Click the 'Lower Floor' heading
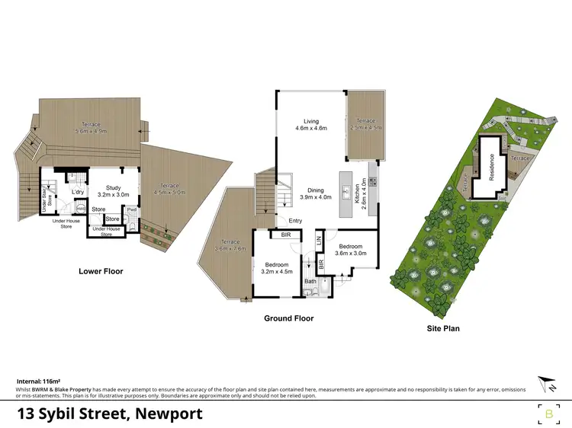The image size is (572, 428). point(101,271)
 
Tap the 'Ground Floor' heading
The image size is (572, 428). point(288,318)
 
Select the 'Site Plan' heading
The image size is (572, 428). point(443,329)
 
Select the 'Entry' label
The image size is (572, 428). point(294,222)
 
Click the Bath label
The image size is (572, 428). point(310,282)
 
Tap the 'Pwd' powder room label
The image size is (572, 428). point(131,210)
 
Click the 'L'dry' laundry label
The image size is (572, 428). point(77,192)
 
